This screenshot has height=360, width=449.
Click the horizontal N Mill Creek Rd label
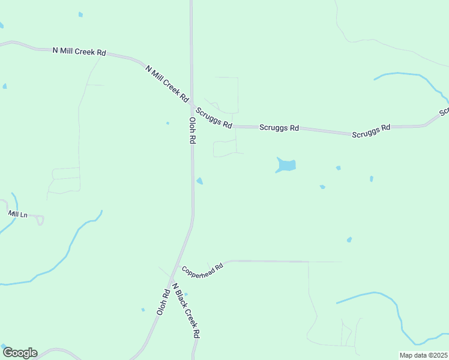tap(79, 52)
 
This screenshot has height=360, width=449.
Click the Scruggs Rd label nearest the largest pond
tap(279, 128)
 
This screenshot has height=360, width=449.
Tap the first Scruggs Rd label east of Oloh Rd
tap(214, 118)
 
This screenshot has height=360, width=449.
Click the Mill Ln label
tap(18, 214)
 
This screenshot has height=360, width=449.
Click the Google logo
tap(20, 353)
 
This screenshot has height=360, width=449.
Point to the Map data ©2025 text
tap(423, 355)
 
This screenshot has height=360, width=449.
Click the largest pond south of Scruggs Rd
tap(286, 164)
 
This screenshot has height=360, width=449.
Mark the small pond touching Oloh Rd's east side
tap(199, 181)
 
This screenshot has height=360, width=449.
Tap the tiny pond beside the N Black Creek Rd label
tap(186, 294)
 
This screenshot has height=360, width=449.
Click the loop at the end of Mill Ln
tap(40, 220)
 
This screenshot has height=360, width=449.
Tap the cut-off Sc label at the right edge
tap(444, 112)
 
